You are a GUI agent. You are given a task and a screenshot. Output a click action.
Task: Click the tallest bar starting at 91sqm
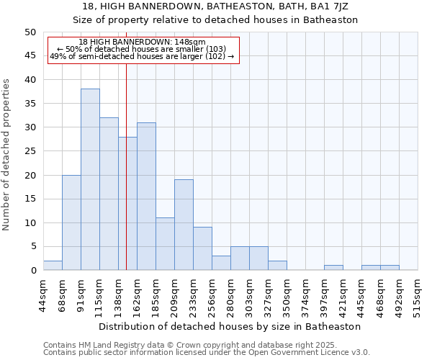click(x=90, y=179)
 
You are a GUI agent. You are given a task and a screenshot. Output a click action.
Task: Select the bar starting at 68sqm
click(x=71, y=222)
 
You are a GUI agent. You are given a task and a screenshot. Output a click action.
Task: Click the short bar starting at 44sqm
click(x=53, y=266)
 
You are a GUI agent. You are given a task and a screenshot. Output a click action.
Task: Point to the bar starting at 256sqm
click(x=221, y=263)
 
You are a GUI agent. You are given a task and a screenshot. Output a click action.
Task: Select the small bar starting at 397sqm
click(x=333, y=268)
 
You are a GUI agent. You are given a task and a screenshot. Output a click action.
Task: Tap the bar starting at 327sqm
click(x=277, y=266)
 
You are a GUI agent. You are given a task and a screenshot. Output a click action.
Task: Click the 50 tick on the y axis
click(x=30, y=32)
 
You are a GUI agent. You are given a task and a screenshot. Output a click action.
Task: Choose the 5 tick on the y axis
click(x=32, y=246)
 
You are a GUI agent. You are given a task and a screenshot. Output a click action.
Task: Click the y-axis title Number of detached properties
click(x=6, y=155)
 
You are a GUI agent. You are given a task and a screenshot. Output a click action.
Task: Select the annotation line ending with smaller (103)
click(x=143, y=50)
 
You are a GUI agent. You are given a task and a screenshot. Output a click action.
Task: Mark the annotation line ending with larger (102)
click(x=143, y=57)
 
